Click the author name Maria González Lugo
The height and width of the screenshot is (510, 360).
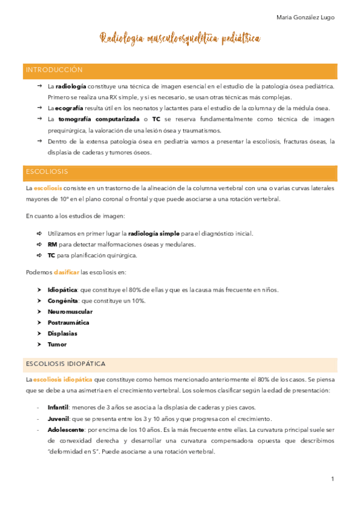[305, 17]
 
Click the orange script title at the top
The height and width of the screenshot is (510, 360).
[180, 38]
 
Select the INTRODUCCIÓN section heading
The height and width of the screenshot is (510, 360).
[53, 70]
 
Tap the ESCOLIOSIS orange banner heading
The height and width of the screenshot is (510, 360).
[46, 172]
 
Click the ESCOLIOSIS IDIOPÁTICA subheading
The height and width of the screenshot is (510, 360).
[66, 364]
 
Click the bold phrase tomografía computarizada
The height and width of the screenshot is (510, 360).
[99, 119]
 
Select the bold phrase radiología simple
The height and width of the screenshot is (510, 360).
[154, 233]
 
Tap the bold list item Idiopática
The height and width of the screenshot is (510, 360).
[63, 289]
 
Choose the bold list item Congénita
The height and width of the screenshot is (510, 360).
[63, 301]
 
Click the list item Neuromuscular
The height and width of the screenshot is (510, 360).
[70, 312]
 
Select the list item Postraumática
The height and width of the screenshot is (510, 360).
[68, 322]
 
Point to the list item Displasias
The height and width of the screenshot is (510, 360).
[62, 333]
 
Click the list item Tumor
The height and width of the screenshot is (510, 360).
[56, 345]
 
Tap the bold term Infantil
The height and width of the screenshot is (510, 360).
[58, 407]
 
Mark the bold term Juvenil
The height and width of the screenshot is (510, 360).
[58, 419]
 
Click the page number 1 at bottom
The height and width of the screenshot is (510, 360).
[332, 479]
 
